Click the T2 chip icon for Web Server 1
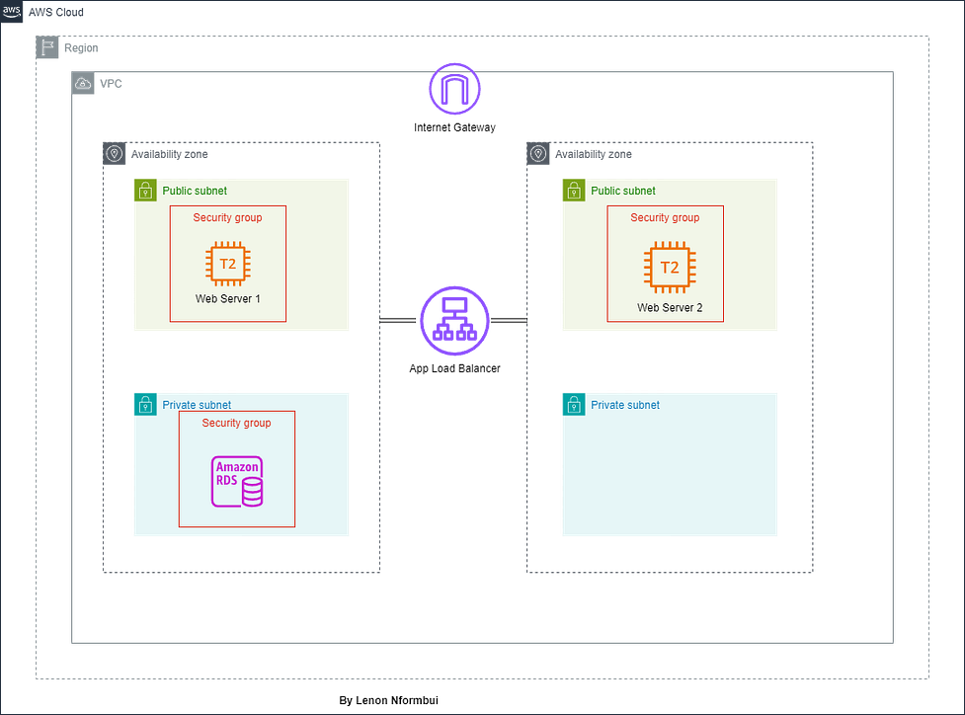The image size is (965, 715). (227, 265)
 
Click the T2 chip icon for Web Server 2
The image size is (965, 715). (669, 268)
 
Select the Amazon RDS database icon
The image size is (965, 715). (238, 482)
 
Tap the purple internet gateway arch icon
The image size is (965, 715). (454, 90)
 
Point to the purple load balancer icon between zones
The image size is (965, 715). (454, 320)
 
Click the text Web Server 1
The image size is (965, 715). (228, 298)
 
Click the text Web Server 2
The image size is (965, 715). (670, 308)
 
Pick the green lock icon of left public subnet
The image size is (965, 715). (144, 190)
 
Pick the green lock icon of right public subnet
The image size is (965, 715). (572, 190)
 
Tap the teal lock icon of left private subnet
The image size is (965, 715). (144, 403)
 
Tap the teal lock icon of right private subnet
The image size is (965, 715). (572, 403)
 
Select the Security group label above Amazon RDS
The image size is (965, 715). (236, 423)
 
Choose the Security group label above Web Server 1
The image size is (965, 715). (227, 217)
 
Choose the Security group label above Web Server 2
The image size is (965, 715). (665, 217)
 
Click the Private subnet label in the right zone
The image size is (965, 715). (625, 405)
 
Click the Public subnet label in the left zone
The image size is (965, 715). (195, 191)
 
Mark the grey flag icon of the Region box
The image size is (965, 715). (47, 47)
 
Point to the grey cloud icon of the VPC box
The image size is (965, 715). (83, 84)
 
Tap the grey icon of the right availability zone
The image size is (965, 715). (538, 153)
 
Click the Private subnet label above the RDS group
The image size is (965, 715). (197, 405)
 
